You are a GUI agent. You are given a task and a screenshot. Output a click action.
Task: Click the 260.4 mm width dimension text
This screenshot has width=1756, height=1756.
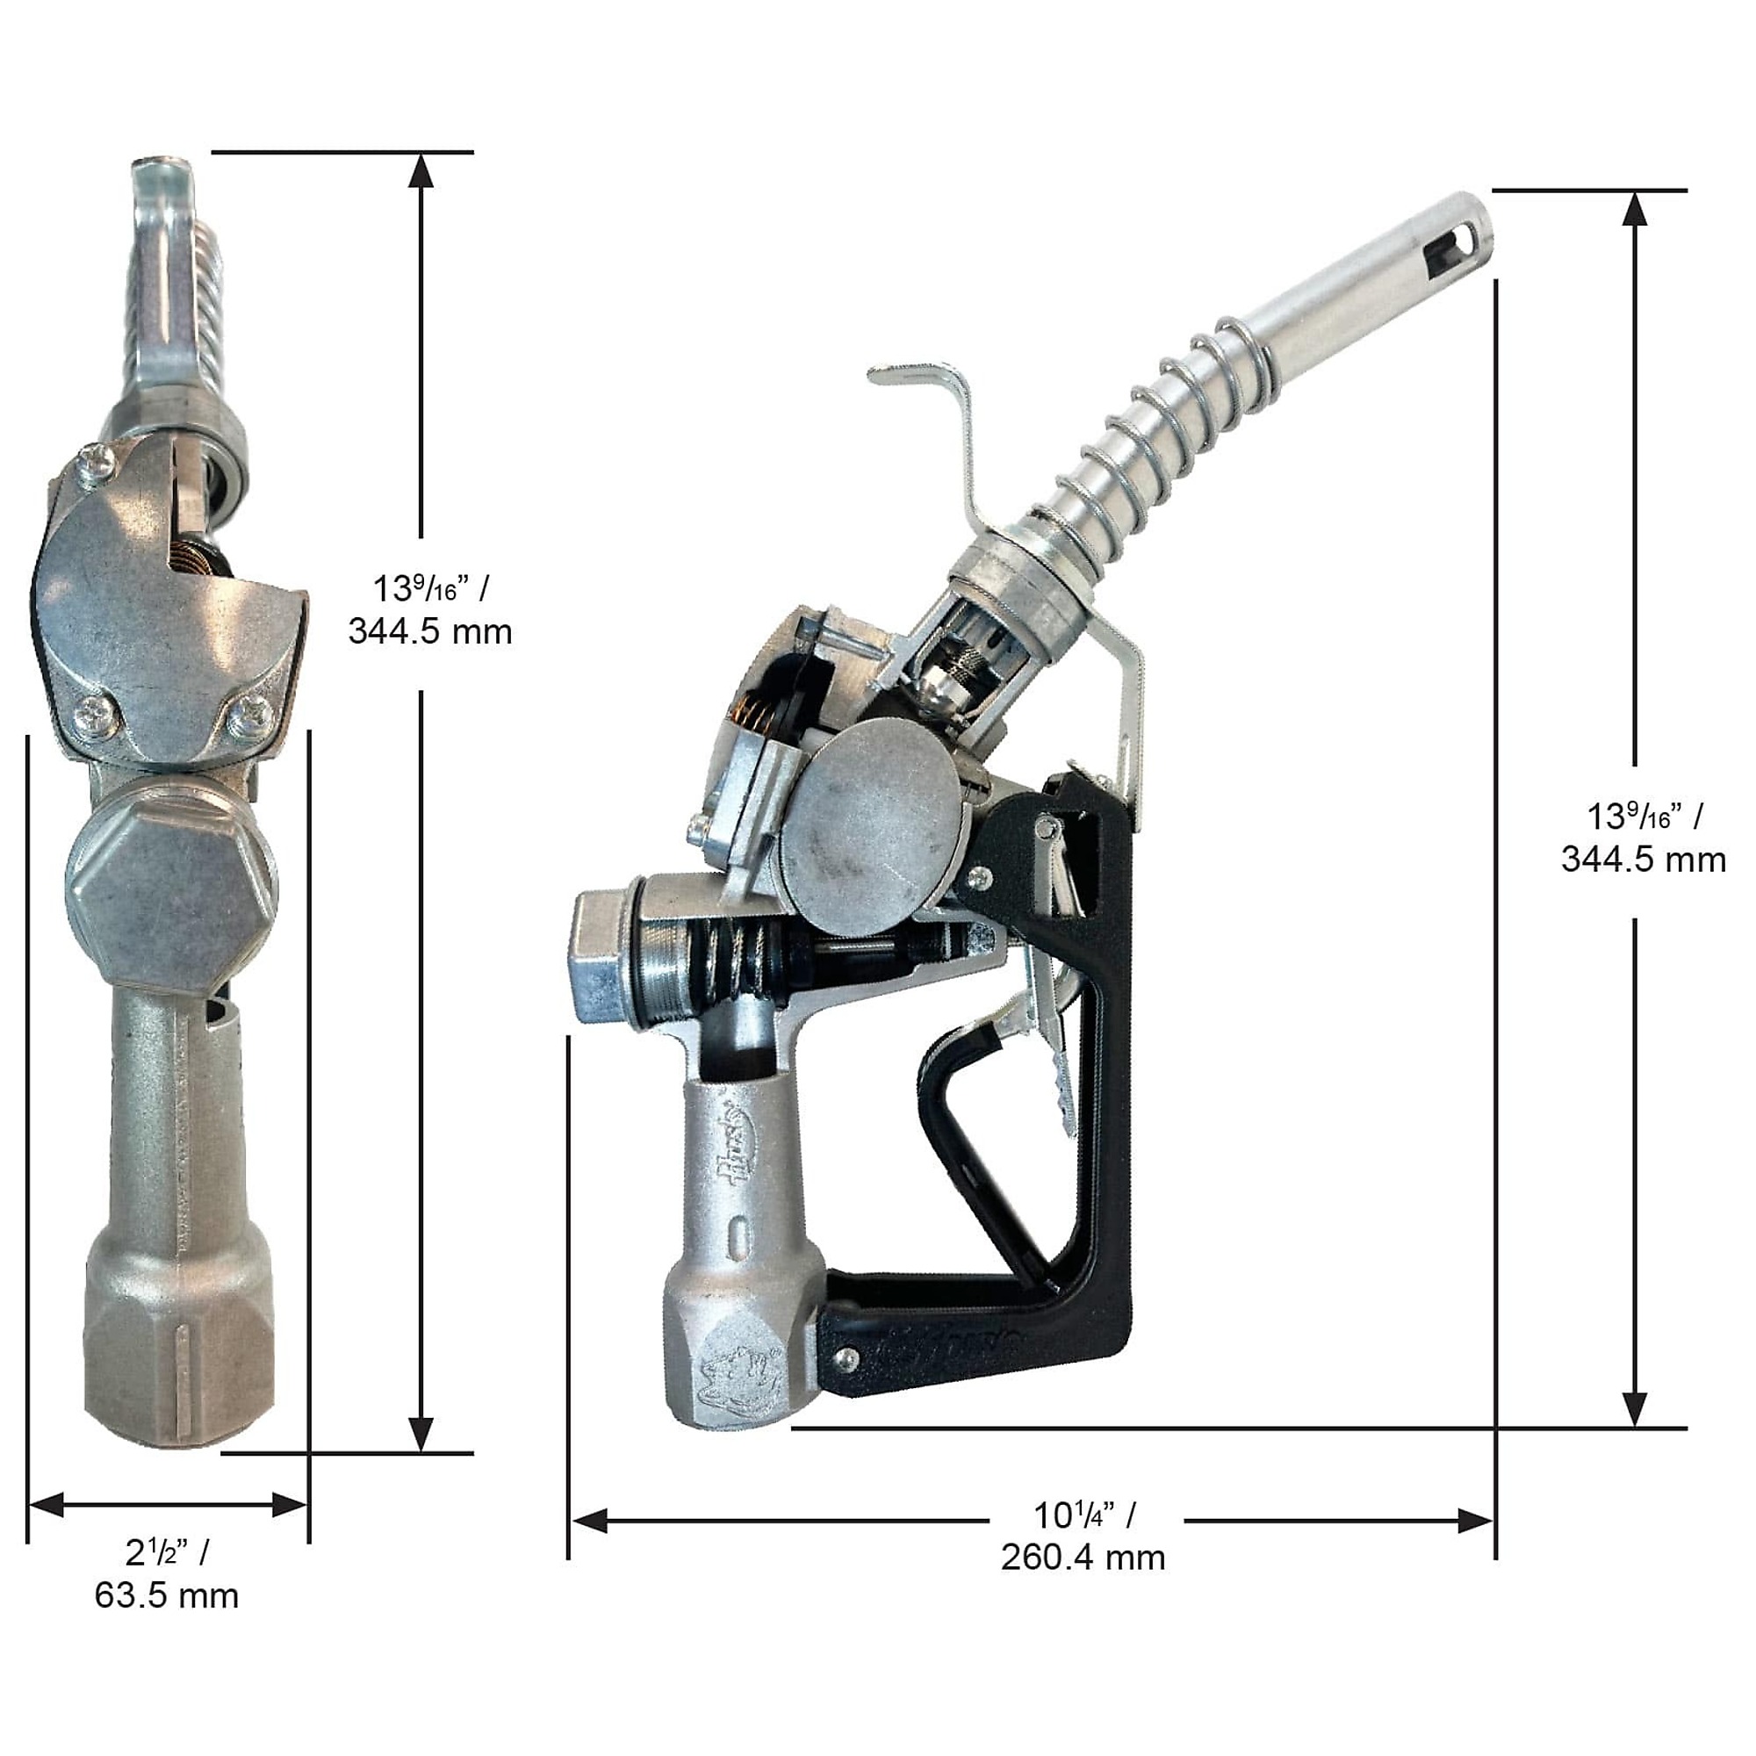tap(1083, 1557)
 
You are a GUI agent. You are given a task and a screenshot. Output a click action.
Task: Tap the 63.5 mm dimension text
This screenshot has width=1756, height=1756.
tap(166, 1595)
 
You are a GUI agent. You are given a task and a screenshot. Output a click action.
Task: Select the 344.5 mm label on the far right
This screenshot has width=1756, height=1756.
tap(1644, 859)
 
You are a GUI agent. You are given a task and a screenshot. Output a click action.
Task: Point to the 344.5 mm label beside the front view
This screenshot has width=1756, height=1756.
tap(430, 630)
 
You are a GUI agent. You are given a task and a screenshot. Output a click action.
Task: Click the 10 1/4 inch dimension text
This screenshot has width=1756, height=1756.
tap(1083, 1515)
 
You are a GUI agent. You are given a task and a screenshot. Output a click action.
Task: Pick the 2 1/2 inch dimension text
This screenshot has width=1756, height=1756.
tap(167, 1551)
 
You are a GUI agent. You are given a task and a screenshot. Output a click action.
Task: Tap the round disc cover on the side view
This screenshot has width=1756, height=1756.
tap(871, 835)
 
